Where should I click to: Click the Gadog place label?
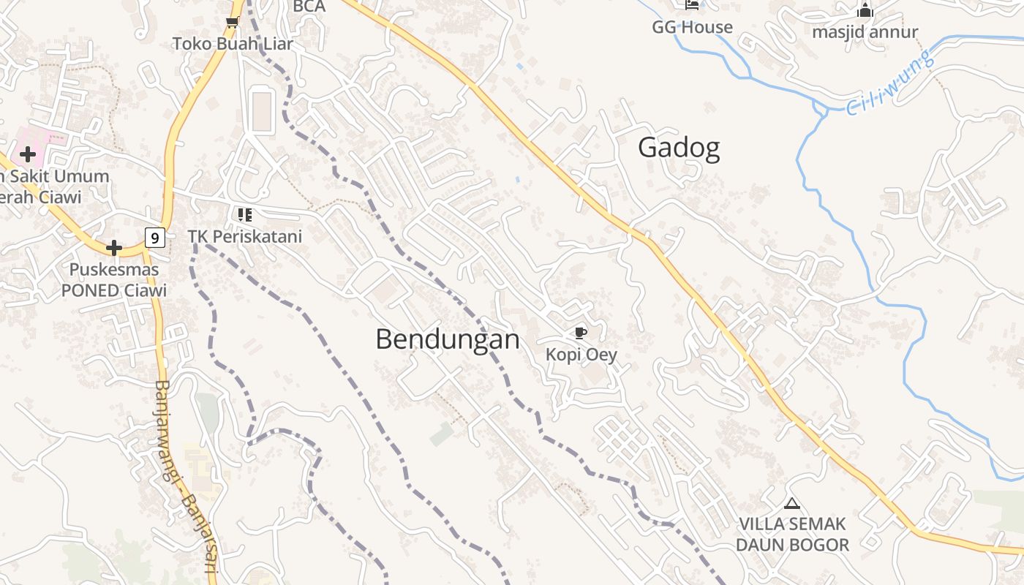679,148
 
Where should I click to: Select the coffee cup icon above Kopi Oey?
581,333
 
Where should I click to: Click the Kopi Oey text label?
581,355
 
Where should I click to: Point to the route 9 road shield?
154,237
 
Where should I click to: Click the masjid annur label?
865,32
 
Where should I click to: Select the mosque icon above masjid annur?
865,10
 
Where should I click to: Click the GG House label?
692,28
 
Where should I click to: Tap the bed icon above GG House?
692,5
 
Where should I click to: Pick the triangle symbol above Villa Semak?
791,503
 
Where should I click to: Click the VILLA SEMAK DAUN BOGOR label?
792,535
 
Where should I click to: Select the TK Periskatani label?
244,237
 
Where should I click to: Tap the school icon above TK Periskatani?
244,215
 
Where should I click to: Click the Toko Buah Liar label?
233,44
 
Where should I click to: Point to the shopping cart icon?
233,22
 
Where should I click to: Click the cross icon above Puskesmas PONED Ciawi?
114,248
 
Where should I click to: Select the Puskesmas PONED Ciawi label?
114,280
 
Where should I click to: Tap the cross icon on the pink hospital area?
28,154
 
